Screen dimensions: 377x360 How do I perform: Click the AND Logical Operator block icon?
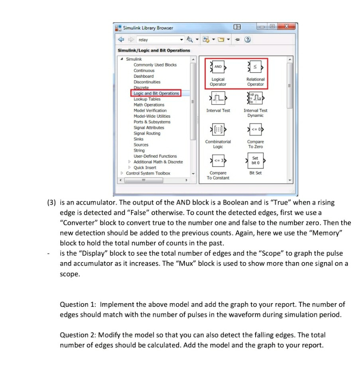pyautogui.click(x=218, y=67)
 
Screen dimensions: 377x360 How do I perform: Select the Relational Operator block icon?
pyautogui.click(x=255, y=67)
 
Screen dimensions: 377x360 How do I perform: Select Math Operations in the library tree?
pyautogui.click(x=149, y=105)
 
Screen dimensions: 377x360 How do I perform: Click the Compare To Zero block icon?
pyautogui.click(x=255, y=129)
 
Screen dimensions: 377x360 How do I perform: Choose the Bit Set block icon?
pyautogui.click(x=255, y=160)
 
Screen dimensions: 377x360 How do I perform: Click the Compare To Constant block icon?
pyautogui.click(x=218, y=161)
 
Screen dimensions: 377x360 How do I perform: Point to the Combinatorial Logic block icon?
pyautogui.click(x=218, y=129)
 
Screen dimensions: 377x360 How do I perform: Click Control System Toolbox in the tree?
pyautogui.click(x=148, y=174)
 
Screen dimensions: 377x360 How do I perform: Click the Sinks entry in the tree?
pyautogui.click(x=138, y=139)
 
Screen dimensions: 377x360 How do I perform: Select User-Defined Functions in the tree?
pyautogui.click(x=155, y=156)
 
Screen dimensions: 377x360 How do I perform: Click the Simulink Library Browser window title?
pyautogui.click(x=148, y=28)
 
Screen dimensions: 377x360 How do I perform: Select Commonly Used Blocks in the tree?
pyautogui.click(x=155, y=65)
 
